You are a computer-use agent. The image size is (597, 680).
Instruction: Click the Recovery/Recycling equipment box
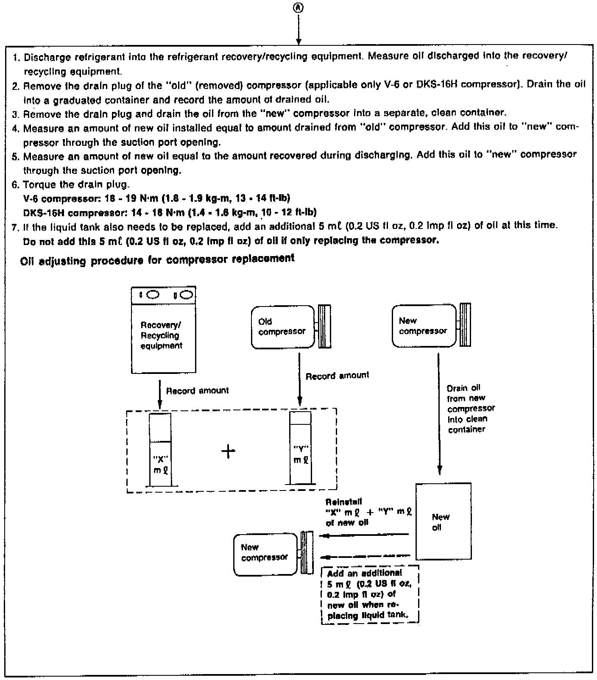click(x=164, y=335)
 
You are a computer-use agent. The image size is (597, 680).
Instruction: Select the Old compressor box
click(x=282, y=327)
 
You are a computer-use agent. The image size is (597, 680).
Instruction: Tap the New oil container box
click(x=443, y=521)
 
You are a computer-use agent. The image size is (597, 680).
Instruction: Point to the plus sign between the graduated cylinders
click(x=228, y=451)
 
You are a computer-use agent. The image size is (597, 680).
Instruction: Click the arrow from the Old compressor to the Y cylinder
click(x=300, y=377)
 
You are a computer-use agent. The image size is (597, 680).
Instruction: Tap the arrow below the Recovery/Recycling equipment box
click(x=159, y=394)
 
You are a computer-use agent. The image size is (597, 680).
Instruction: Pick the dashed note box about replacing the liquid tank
click(x=370, y=594)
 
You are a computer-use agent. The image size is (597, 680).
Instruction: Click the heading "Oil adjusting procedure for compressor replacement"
click(x=157, y=260)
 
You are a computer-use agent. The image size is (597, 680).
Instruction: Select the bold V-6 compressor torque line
click(x=156, y=198)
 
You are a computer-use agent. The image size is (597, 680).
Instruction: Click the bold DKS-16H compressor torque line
click(x=170, y=212)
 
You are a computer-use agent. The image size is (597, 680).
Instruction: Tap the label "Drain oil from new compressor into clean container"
click(x=470, y=409)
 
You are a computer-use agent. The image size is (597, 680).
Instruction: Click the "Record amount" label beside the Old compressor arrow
click(x=337, y=376)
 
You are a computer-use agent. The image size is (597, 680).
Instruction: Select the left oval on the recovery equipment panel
click(x=153, y=294)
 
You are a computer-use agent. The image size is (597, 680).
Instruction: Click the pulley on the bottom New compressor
click(x=307, y=553)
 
